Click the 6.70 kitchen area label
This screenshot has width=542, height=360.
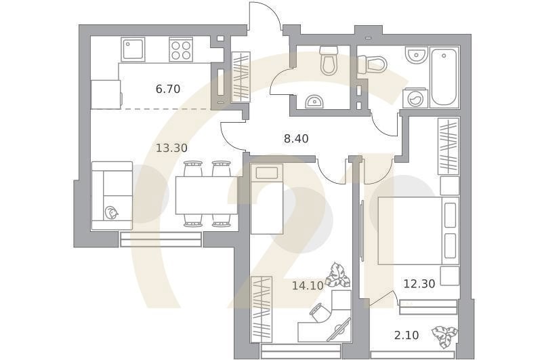167,89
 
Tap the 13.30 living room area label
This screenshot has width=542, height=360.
172,148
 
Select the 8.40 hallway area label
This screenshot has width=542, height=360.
296,139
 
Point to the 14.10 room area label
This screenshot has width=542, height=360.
307,285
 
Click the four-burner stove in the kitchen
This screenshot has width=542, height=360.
181,49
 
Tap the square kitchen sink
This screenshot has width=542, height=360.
133,49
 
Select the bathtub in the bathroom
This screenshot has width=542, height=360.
444,76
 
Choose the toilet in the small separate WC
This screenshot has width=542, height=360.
329,61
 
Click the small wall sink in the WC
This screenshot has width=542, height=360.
314,102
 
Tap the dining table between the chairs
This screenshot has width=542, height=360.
206,195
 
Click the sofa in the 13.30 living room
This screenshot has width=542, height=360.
112,195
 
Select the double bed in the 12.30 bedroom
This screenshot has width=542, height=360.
417,231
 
